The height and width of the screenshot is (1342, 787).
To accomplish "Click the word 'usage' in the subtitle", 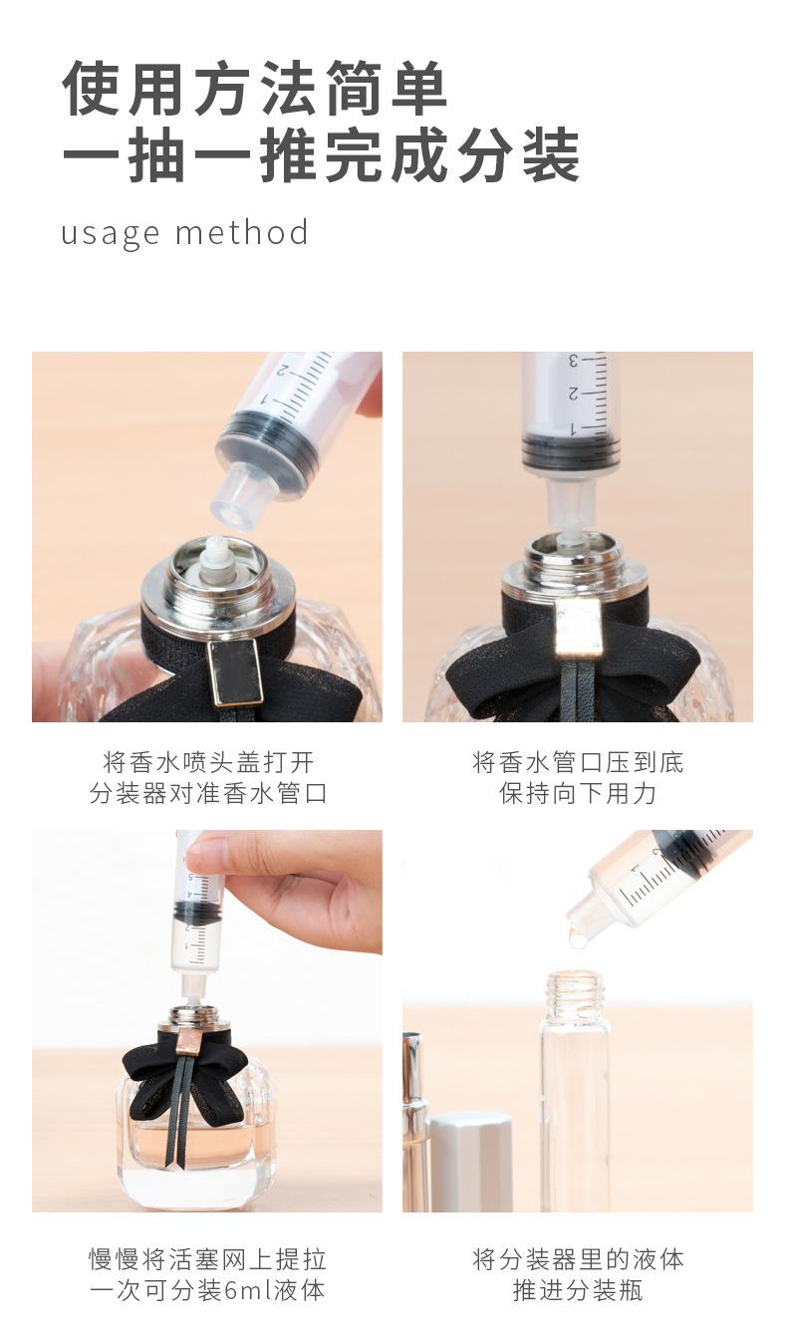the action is pos(111,234).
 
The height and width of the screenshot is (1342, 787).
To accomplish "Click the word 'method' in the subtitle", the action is pos(242,232).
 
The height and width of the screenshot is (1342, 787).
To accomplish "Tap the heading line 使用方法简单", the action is pos(255,89).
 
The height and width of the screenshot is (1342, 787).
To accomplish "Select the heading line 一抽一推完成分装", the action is pos(321,154).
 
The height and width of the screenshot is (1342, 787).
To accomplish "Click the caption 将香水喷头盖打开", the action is pos(208,763).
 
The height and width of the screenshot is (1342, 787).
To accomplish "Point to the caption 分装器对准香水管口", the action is pos(208,793).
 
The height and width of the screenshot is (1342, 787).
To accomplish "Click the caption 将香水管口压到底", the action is pos(578,763).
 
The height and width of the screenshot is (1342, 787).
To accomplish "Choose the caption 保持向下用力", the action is pos(578,793).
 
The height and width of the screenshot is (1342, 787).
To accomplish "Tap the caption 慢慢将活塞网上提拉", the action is pos(208,1259).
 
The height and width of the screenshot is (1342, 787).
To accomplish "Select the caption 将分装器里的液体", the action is pos(578,1259).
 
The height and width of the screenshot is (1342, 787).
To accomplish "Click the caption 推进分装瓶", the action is pos(578,1290).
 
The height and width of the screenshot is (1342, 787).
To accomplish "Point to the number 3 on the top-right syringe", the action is pos(573,362).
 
